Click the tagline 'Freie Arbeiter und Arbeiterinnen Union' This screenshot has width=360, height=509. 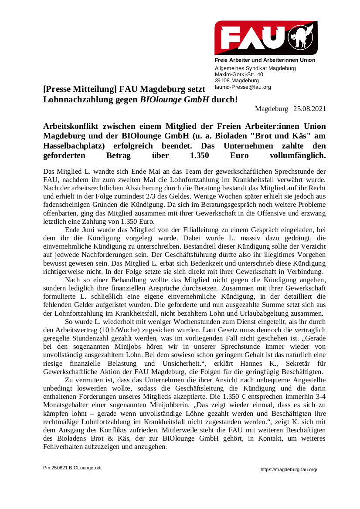click(x=265, y=60)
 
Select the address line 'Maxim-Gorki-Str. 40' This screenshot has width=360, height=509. click(x=239, y=74)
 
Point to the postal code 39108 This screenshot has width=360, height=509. click(x=222, y=81)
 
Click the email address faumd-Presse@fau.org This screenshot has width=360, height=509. click(x=243, y=87)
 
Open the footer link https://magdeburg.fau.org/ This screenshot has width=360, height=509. click(x=289, y=469)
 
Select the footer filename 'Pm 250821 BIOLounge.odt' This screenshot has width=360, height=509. click(x=72, y=468)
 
